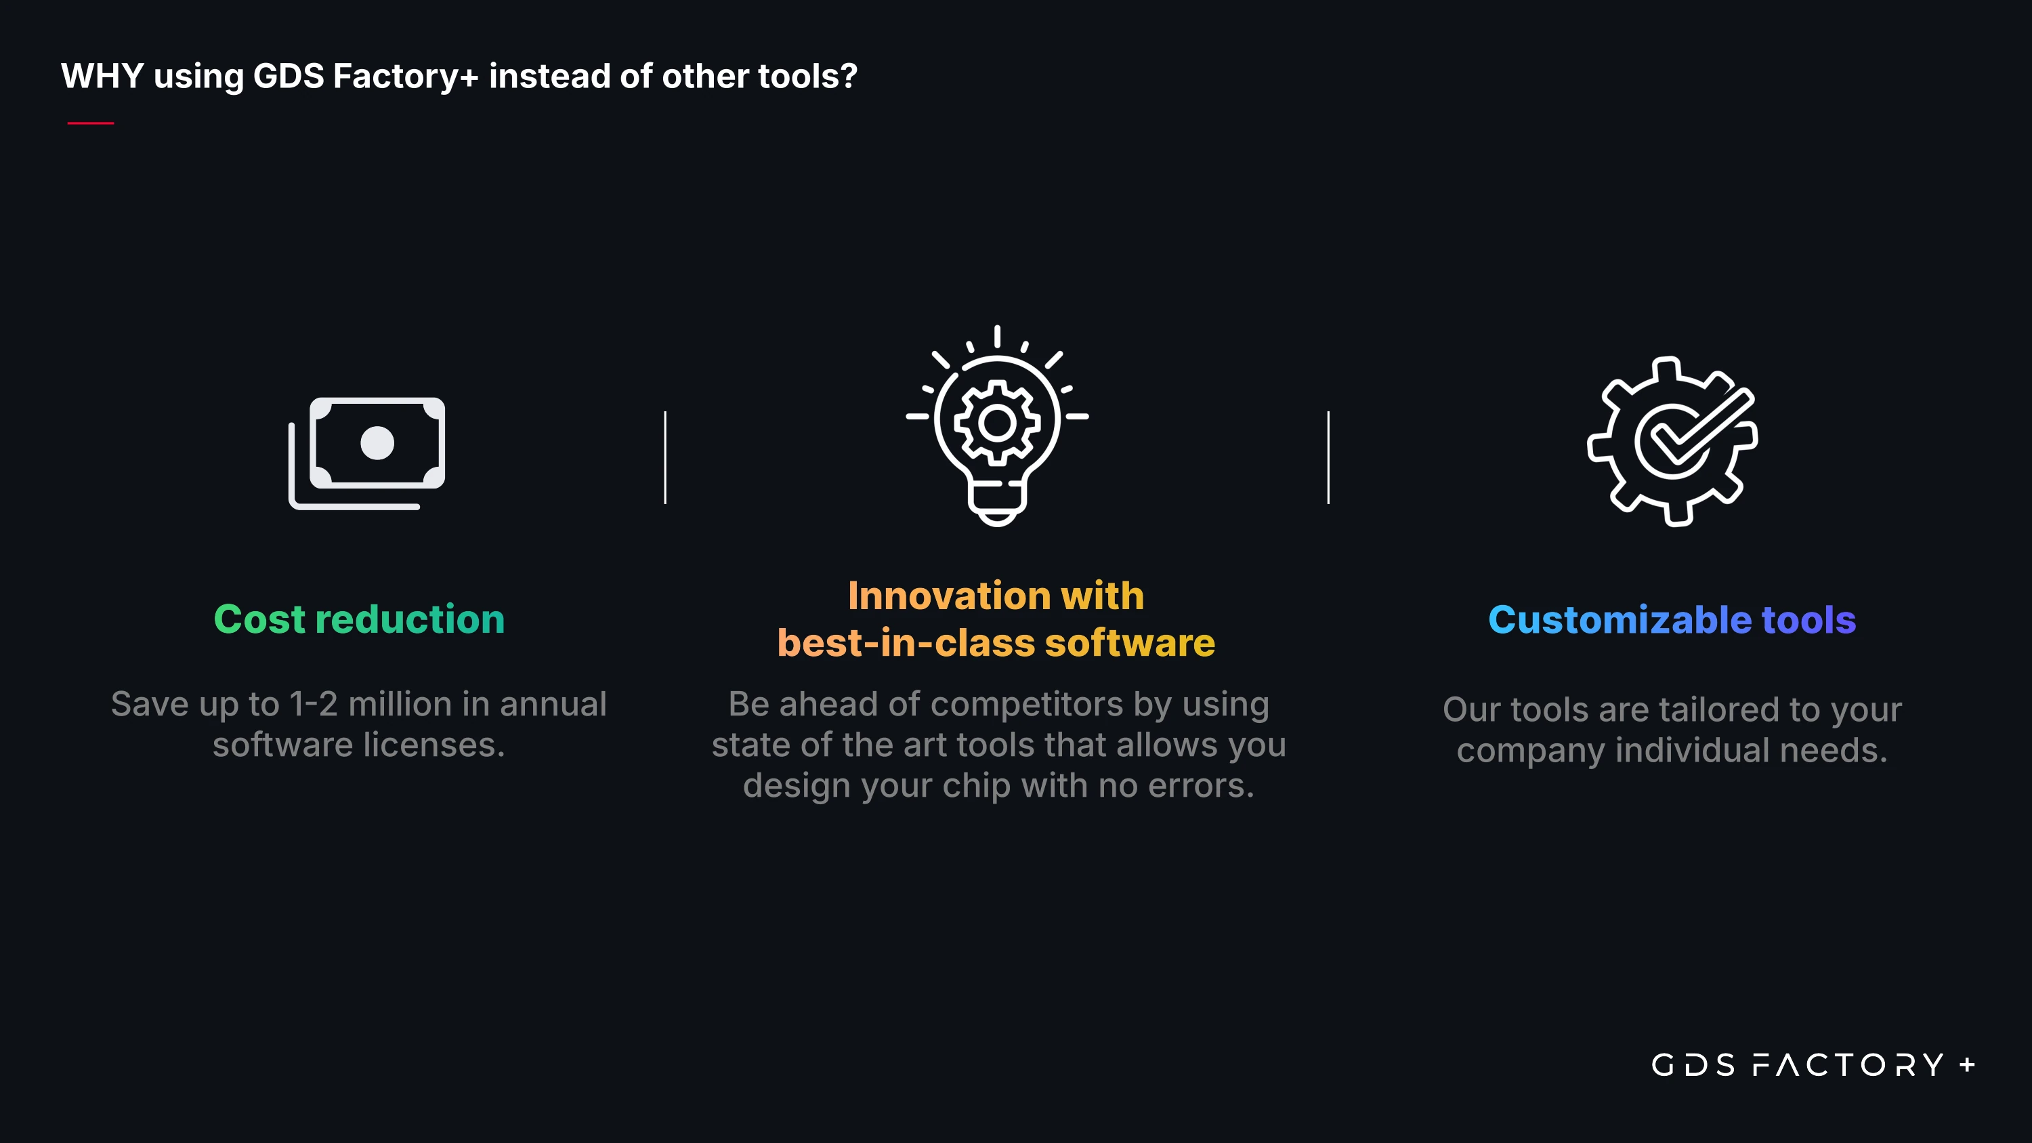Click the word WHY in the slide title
(102, 77)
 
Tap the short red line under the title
(91, 123)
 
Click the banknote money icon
(367, 453)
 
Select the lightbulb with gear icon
(997, 425)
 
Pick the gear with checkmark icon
(1672, 442)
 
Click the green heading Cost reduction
(359, 619)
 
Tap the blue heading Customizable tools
(1672, 620)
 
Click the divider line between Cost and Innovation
(666, 457)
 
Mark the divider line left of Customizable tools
(1328, 457)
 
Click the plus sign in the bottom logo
(1968, 1065)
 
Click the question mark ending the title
(849, 77)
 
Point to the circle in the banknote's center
(377, 443)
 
